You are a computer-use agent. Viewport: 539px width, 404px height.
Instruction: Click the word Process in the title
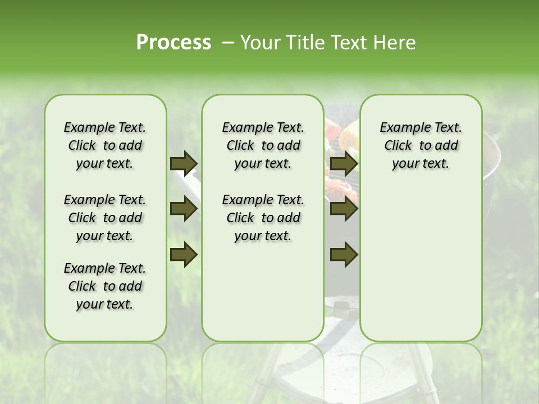pyautogui.click(x=173, y=43)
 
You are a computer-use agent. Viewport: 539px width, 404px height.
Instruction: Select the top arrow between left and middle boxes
pyautogui.click(x=184, y=163)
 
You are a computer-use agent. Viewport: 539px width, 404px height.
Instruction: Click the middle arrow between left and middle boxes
pyautogui.click(x=184, y=209)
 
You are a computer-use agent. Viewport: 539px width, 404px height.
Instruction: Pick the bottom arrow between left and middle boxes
pyautogui.click(x=184, y=254)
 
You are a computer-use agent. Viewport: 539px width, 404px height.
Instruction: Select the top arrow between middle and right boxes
pyautogui.click(x=344, y=163)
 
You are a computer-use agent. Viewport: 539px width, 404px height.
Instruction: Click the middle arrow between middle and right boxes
pyautogui.click(x=344, y=209)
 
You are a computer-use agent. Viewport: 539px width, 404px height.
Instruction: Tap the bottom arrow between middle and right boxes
pyautogui.click(x=344, y=254)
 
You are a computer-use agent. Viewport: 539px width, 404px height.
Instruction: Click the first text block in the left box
pyautogui.click(x=105, y=145)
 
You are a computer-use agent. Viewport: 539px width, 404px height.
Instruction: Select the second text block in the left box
pyautogui.click(x=105, y=218)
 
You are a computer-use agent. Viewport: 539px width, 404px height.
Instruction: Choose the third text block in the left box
pyautogui.click(x=105, y=286)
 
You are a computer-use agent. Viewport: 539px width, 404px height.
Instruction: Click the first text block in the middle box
pyautogui.click(x=263, y=145)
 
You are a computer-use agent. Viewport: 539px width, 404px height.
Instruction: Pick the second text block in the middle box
pyautogui.click(x=263, y=218)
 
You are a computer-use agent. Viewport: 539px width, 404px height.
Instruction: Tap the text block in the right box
pyautogui.click(x=421, y=145)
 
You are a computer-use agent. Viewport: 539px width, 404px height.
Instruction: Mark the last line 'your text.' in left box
pyautogui.click(x=105, y=304)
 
